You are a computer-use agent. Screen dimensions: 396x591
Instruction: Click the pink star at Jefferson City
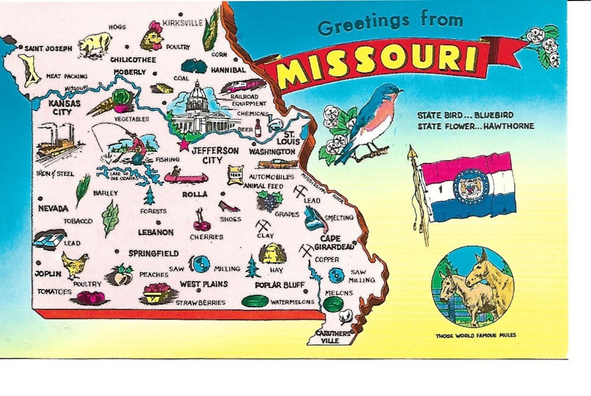[184, 144]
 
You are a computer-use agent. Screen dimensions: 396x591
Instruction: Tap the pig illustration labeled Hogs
[95, 43]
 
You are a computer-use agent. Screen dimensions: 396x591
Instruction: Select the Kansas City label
[64, 107]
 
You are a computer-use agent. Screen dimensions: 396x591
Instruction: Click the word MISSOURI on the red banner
[377, 61]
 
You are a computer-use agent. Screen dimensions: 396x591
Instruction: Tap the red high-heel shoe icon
[228, 207]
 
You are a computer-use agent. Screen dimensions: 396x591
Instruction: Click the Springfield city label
[153, 253]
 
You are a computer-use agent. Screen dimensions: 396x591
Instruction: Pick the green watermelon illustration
[255, 301]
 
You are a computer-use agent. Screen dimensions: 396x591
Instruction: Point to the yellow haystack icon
[272, 254]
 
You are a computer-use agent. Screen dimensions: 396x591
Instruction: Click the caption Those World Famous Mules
[475, 336]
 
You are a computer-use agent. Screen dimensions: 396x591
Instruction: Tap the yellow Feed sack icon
[235, 175]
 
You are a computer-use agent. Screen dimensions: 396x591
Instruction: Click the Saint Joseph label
[48, 48]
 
